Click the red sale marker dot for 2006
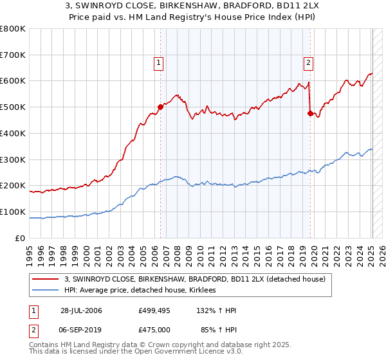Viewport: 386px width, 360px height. pyautogui.click(x=160, y=107)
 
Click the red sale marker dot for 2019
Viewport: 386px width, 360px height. pyautogui.click(x=310, y=114)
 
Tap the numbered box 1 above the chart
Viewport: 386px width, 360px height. pyautogui.click(x=158, y=62)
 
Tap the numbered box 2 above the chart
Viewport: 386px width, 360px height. pyautogui.click(x=309, y=62)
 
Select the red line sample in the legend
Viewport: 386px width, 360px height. pyautogui.click(x=46, y=279)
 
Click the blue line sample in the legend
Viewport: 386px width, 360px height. pyautogui.click(x=46, y=291)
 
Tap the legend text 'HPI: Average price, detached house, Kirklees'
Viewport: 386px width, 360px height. pyautogui.click(x=140, y=291)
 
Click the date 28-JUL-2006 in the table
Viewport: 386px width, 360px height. pyautogui.click(x=81, y=310)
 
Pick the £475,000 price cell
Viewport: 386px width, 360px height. pyautogui.click(x=154, y=330)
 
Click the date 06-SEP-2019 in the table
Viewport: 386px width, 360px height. pyautogui.click(x=81, y=330)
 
